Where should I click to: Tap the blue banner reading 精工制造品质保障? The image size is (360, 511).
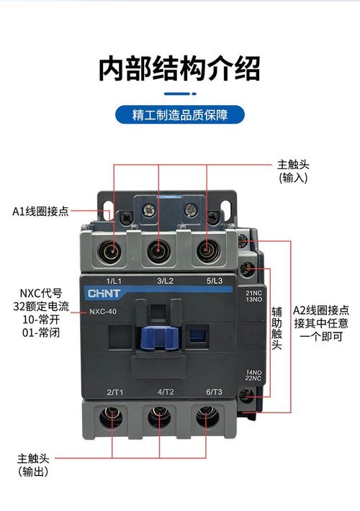point(179,114)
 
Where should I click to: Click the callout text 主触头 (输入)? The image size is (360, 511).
point(294,170)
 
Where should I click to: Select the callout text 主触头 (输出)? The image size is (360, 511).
point(34,464)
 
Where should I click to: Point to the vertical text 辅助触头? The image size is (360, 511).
point(276,330)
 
